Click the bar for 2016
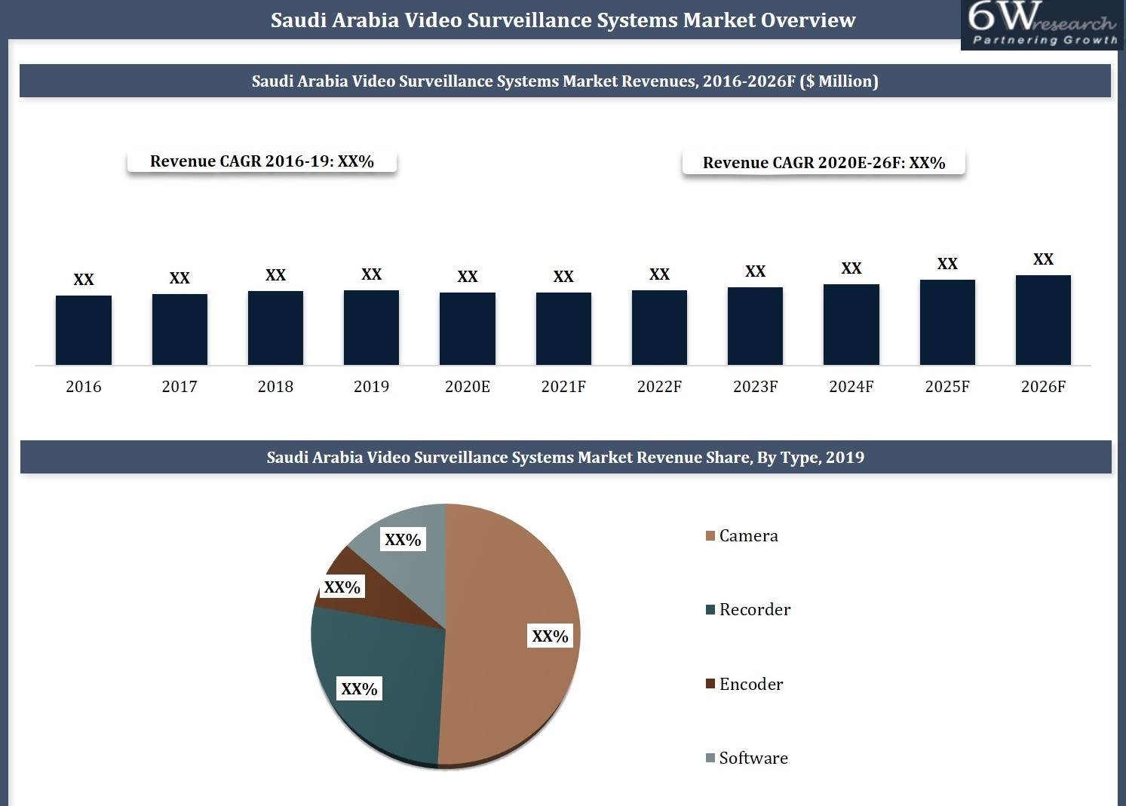[84, 330]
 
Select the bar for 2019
[371, 328]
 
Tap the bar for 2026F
[1043, 320]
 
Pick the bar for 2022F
[659, 328]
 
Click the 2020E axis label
[468, 387]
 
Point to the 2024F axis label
[851, 387]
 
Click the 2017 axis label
[179, 387]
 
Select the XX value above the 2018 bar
[275, 275]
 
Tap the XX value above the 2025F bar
[947, 264]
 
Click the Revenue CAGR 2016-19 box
[262, 161]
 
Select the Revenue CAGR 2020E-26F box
[824, 163]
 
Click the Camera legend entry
[742, 536]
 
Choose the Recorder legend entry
[748, 610]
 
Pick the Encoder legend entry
[744, 685]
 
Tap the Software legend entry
[747, 758]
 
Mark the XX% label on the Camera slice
[550, 636]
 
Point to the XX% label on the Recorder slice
[359, 689]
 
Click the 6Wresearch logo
[1042, 24]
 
